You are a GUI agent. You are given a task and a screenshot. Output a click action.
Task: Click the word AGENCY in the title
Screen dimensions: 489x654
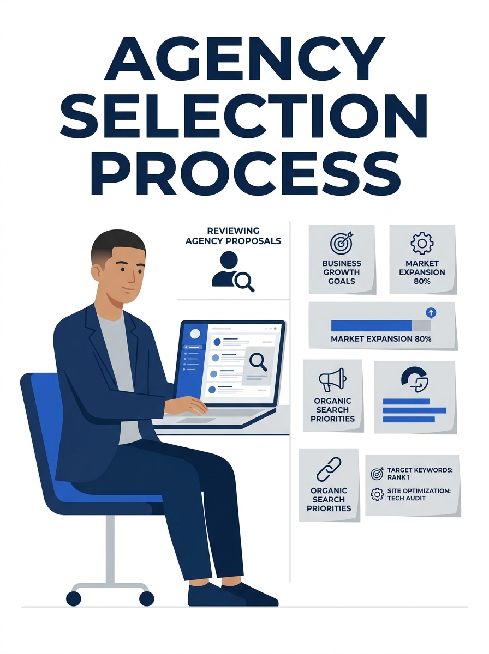pos(244,58)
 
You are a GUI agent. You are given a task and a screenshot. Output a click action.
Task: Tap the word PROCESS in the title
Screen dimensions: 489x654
pos(246,173)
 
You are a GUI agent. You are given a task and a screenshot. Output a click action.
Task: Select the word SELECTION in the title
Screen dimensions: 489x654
pos(244,116)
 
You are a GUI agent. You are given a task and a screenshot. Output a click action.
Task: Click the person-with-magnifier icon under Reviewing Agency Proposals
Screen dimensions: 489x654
pos(233,271)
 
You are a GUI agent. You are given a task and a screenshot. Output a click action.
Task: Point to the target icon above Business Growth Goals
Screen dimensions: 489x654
pos(341,243)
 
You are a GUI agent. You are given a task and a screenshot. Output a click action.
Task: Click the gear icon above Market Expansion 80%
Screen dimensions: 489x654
pos(422,243)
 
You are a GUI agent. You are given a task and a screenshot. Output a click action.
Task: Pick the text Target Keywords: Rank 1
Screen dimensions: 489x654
pos(420,474)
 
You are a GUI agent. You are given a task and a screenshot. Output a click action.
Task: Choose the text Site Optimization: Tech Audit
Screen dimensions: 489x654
pos(419,495)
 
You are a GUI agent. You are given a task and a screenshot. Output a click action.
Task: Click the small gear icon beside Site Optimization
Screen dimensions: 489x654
pos(377,495)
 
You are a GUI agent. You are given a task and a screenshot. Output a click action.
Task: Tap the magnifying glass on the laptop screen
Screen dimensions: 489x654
pos(258,362)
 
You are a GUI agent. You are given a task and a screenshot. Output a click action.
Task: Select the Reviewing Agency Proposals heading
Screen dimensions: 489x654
pos(233,235)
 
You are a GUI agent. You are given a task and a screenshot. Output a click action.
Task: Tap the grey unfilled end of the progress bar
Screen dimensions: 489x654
pos(421,326)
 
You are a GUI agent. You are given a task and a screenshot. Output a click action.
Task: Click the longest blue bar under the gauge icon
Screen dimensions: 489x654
pos(414,410)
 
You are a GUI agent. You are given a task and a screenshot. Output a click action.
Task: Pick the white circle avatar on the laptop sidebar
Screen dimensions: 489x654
pos(195,334)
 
